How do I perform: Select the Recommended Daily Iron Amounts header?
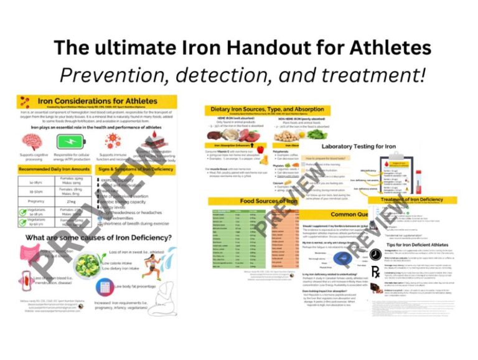point(53,169)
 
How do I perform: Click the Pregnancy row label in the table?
point(35,201)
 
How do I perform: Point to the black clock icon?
point(375,255)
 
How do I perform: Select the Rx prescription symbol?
point(375,272)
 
